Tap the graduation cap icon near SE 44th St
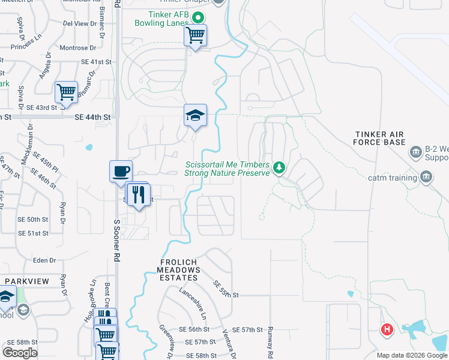(195, 115)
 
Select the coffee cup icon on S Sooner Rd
(121, 171)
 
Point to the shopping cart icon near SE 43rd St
(65, 92)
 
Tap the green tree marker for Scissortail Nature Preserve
(278, 167)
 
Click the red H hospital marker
(387, 329)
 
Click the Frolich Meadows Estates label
(179, 270)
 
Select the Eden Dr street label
(44, 260)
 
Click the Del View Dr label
(80, 23)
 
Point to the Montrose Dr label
(77, 47)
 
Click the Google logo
(20, 352)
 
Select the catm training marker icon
(426, 177)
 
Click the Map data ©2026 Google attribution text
(411, 355)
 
